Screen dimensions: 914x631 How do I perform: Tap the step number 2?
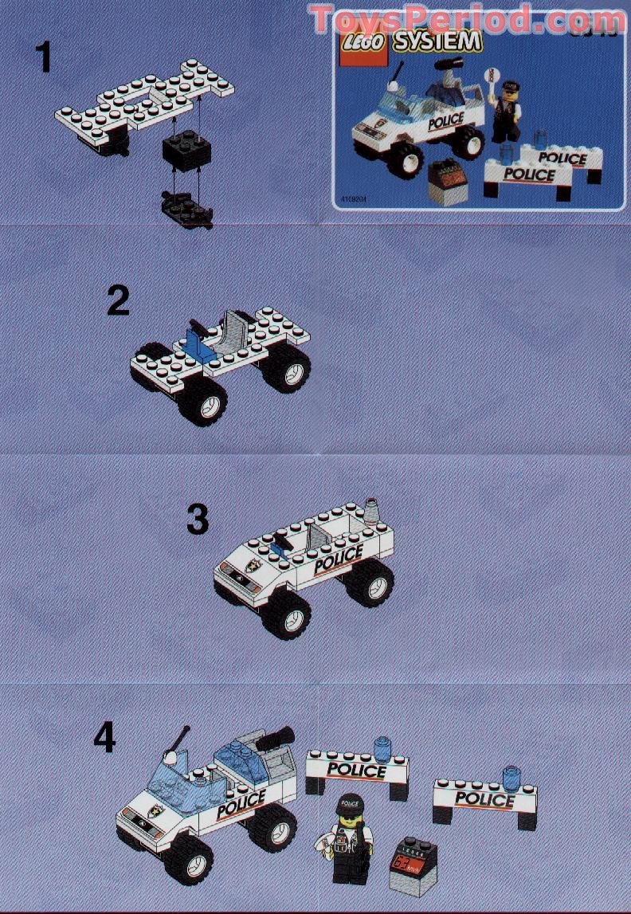pos(118,301)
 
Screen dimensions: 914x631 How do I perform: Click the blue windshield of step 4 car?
pos(173,774)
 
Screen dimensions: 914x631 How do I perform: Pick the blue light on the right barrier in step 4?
pos(509,775)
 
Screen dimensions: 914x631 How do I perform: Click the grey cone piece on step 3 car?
pos(373,508)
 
